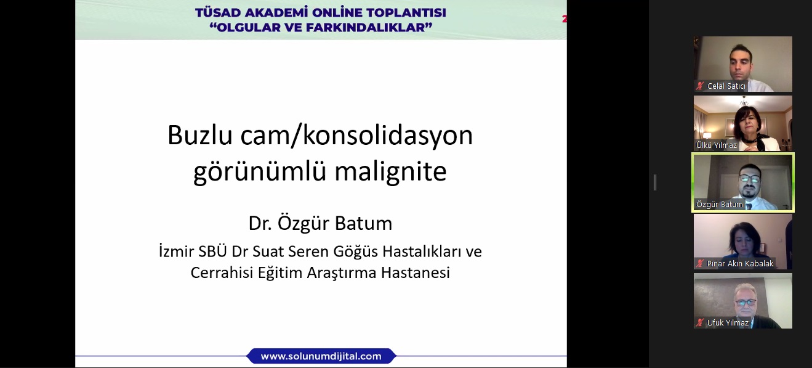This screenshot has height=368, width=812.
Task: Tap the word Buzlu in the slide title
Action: coord(199,136)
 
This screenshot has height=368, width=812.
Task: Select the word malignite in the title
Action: coord(390,171)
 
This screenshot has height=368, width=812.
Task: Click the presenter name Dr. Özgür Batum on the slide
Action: coord(321,223)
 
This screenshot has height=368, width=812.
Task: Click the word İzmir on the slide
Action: coord(176,251)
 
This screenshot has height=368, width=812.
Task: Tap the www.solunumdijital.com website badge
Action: coord(321,356)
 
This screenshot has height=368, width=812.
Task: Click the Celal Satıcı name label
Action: coord(726,86)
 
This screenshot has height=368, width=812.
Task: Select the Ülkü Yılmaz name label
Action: coord(717,145)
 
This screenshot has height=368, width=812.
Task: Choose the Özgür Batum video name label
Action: coord(720,204)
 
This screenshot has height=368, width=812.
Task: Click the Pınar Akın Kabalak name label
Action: coord(740,263)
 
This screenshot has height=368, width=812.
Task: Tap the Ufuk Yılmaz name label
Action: coord(728,322)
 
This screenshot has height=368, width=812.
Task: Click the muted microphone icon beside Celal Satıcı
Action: coord(700,86)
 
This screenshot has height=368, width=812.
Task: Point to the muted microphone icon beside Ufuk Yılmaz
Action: coord(700,322)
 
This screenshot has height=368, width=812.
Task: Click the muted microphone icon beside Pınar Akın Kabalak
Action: coord(700,263)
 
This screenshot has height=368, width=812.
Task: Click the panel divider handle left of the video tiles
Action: coord(655,182)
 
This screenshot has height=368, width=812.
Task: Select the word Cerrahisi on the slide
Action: coord(222,272)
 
